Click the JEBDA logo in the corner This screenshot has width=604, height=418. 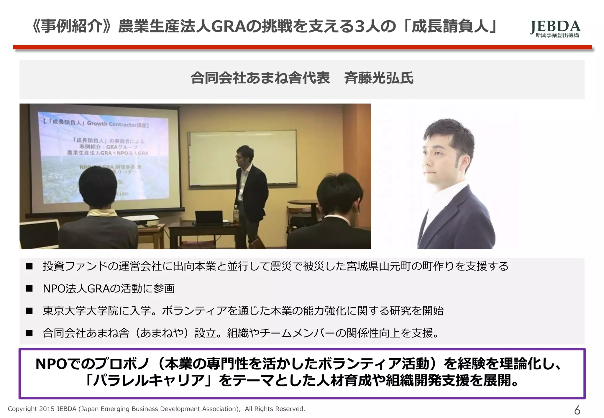coord(555,27)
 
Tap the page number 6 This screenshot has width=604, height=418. coord(577,410)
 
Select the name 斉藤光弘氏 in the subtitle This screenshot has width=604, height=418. coord(379,78)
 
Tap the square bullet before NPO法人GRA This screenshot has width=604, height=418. coord(29,289)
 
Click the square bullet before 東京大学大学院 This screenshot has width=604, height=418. coord(29,311)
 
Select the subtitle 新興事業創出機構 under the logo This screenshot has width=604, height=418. coord(557,36)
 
